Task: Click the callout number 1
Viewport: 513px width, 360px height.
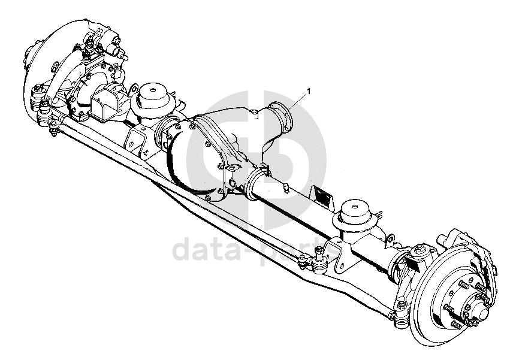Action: click(x=309, y=90)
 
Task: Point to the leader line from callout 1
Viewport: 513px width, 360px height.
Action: click(x=297, y=99)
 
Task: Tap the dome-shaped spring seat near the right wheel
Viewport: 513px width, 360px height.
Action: click(x=357, y=214)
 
